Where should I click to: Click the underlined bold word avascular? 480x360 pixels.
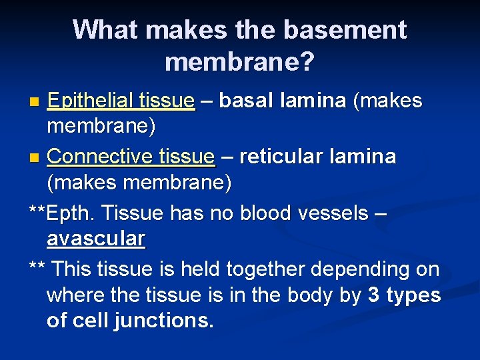click(96, 238)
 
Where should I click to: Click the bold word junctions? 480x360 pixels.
click(164, 321)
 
